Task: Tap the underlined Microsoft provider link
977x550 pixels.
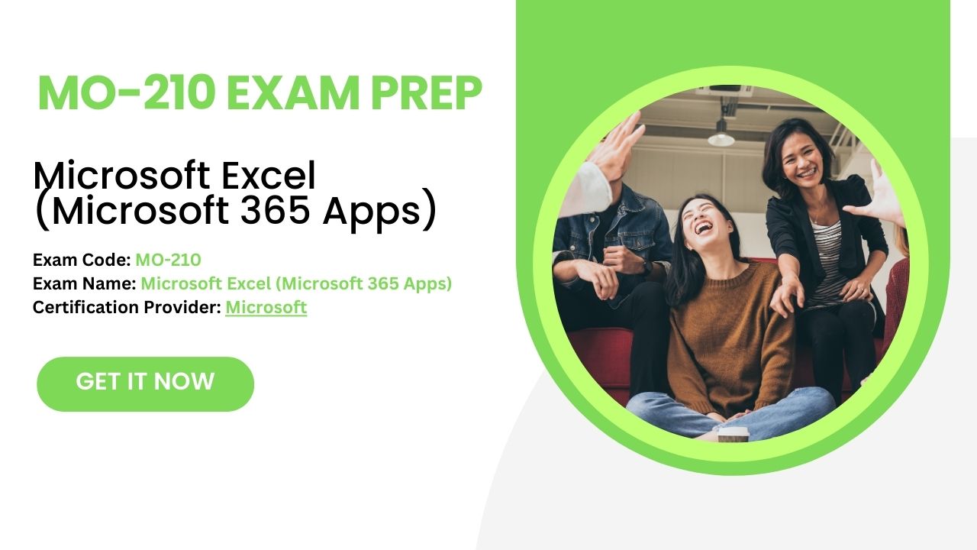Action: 266,308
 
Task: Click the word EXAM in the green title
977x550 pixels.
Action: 288,94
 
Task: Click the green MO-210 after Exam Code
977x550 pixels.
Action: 168,260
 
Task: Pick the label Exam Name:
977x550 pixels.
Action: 85,284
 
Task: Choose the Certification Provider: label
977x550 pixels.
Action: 127,308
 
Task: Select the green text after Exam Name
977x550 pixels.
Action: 296,284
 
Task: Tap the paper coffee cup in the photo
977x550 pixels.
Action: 734,434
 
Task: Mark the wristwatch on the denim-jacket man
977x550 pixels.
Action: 647,267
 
